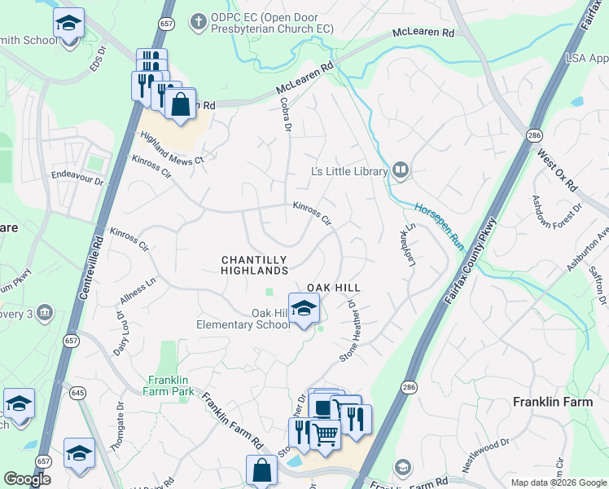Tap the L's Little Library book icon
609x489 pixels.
(x=400, y=170)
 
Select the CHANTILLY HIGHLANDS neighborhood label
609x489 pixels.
(x=255, y=264)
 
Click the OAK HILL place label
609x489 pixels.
(x=333, y=288)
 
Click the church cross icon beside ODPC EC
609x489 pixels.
(x=198, y=20)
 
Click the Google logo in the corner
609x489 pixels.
(x=27, y=480)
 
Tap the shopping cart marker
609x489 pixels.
(x=326, y=435)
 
